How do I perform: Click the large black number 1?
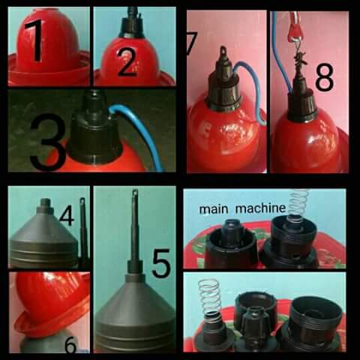[36, 40]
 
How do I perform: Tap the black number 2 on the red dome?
[128, 62]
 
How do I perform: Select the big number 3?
[48, 142]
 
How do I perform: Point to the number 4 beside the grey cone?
[67, 215]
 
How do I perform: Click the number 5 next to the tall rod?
[162, 264]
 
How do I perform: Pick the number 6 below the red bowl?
[70, 344]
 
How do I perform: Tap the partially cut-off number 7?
[192, 43]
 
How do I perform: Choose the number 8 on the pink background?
[324, 76]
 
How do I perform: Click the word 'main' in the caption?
[214, 209]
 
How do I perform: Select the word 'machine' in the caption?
[260, 208]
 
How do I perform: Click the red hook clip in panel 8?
[295, 28]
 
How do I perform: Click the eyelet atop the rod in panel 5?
[135, 193]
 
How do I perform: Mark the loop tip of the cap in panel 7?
[223, 51]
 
